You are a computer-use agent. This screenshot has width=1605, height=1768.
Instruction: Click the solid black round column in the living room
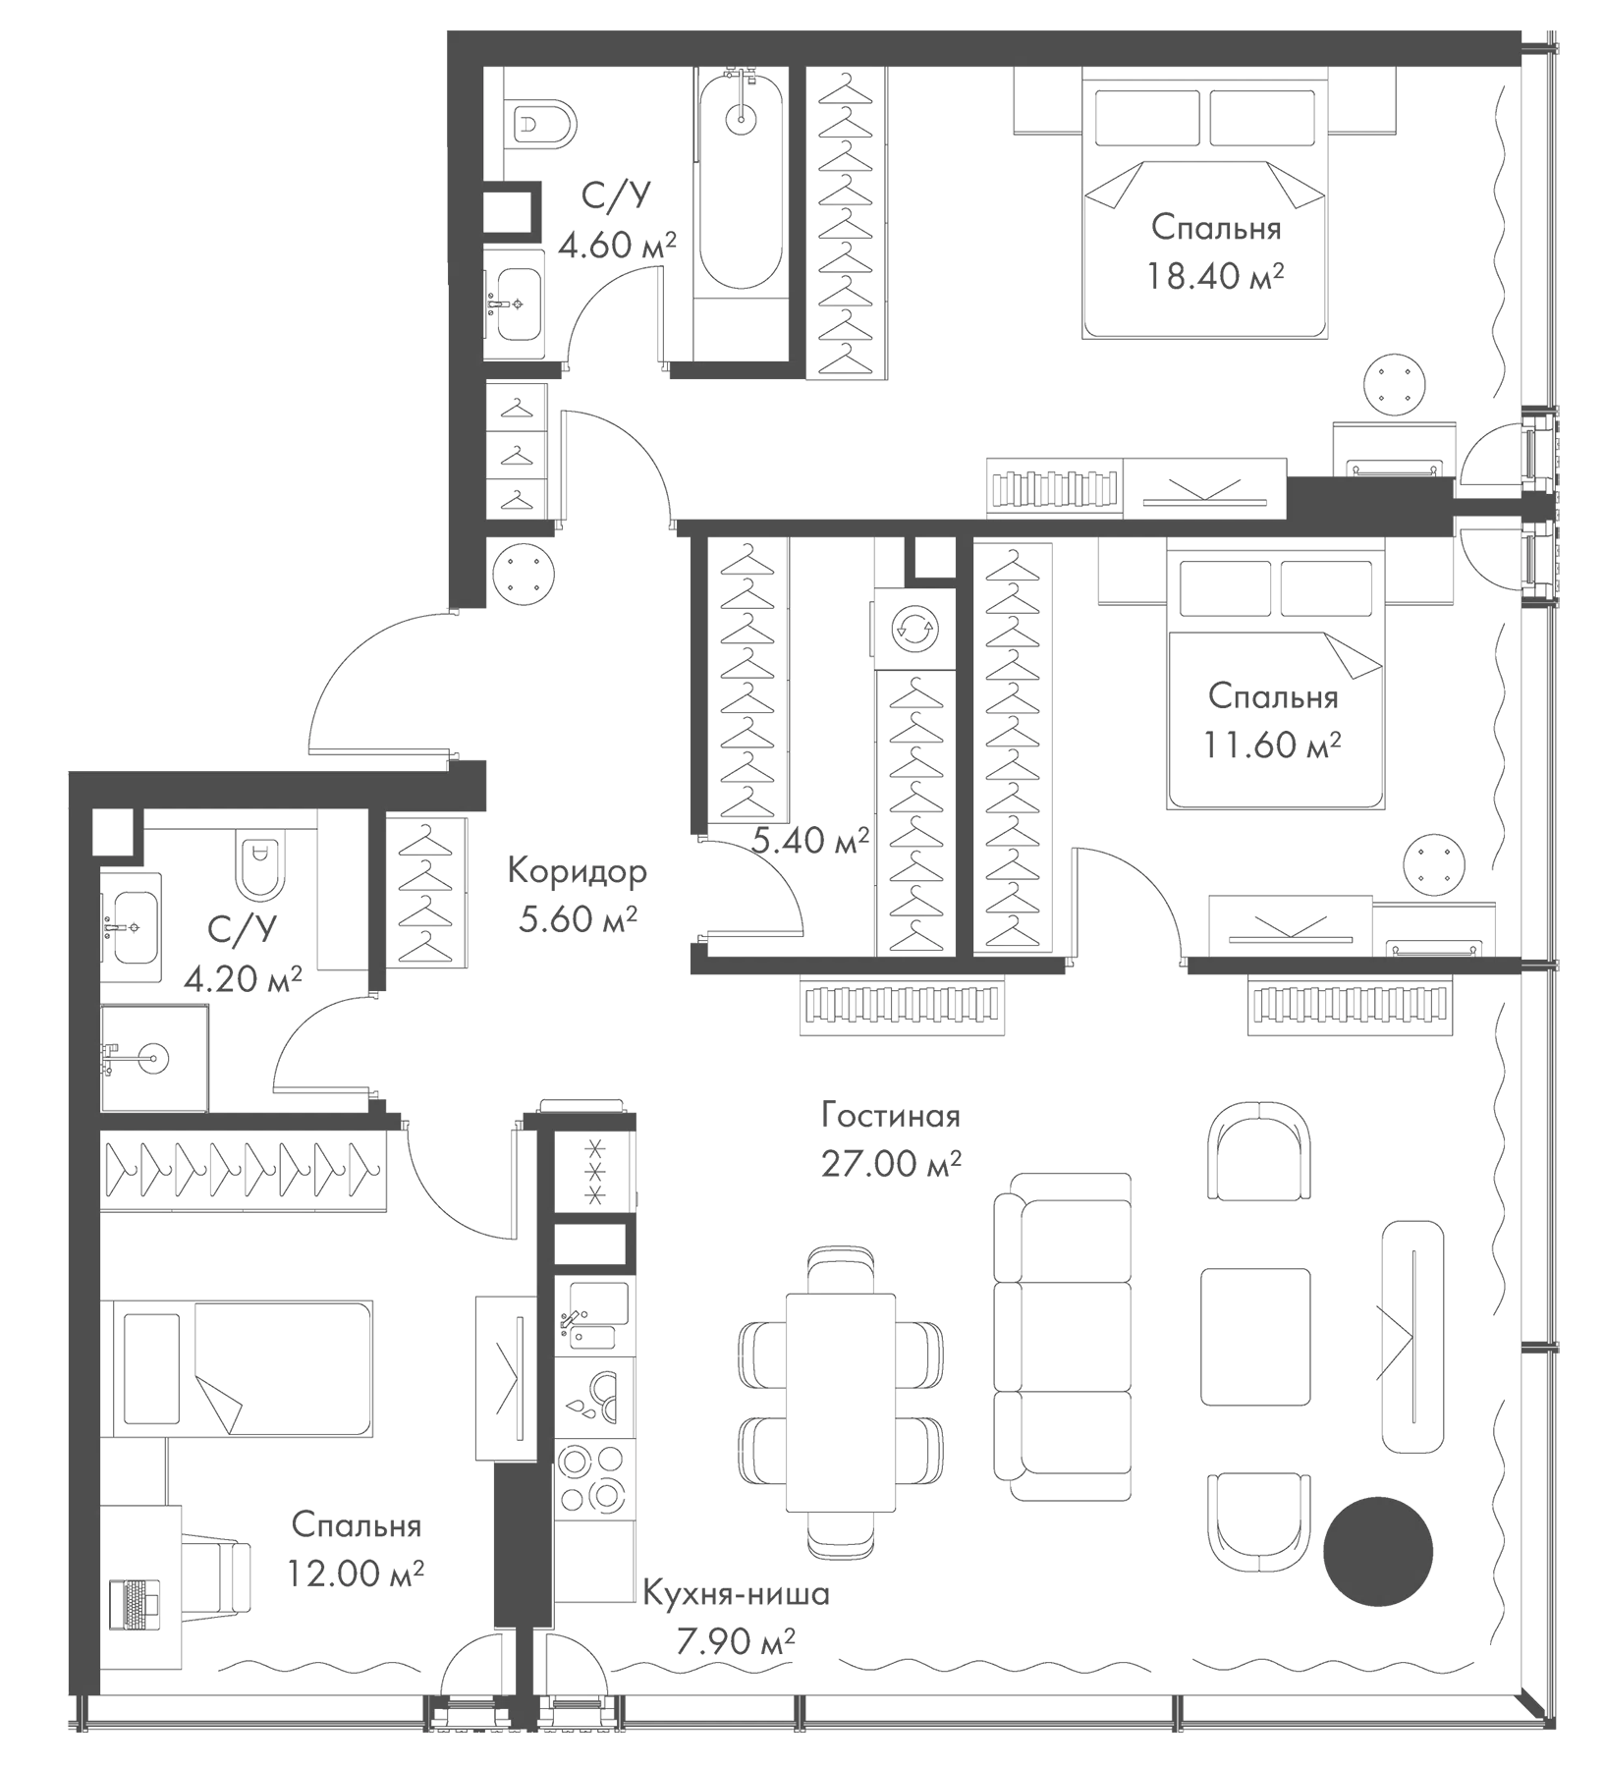click(x=1378, y=1551)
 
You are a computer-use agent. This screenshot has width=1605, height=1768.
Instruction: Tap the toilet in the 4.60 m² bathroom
click(x=543, y=125)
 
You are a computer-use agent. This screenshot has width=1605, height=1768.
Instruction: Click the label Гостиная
click(x=891, y=1117)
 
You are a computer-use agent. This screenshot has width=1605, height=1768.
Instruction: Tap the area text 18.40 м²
click(x=1215, y=276)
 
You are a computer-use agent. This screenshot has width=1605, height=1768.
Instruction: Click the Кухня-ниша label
click(x=736, y=1593)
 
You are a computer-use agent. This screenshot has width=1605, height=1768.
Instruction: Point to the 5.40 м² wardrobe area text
click(x=810, y=840)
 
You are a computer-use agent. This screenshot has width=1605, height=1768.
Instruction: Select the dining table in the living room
click(x=841, y=1404)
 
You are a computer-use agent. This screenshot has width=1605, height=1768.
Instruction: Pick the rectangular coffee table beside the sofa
click(x=1255, y=1337)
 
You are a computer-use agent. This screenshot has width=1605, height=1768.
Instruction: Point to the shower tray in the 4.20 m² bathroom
click(x=154, y=1059)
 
